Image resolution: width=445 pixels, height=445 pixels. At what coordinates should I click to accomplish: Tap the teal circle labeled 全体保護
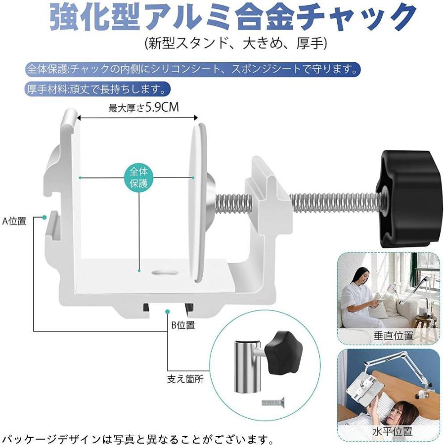[139, 178]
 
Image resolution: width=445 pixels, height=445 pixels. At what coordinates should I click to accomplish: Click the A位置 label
[14, 221]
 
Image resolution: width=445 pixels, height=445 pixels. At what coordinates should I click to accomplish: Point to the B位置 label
[182, 325]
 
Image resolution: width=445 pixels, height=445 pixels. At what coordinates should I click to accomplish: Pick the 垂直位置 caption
[394, 335]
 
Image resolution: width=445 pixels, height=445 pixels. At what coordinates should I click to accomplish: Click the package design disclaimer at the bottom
[138, 439]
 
